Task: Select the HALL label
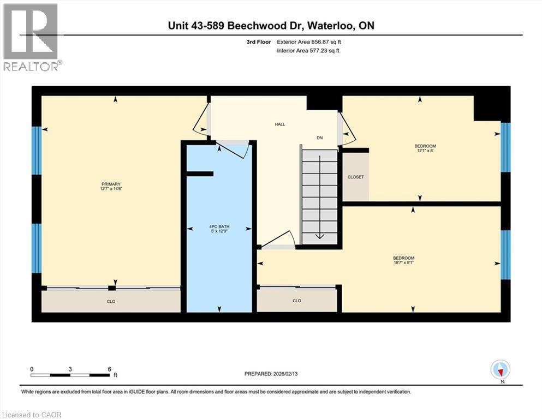tap(279, 124)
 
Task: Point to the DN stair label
tap(319, 138)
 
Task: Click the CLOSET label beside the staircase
tap(355, 177)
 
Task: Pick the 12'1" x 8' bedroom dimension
tap(425, 151)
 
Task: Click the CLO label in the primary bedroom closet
tap(111, 301)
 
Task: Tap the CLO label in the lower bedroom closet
tap(296, 301)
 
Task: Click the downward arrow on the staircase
tap(319, 236)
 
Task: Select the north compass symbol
tap(500, 370)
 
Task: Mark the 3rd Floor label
tap(258, 41)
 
